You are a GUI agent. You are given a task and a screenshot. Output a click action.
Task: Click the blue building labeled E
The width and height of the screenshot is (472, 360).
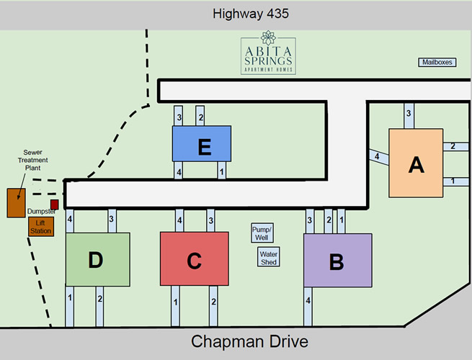coord(202,144)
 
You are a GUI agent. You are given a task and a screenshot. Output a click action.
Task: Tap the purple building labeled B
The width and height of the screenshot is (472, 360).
coord(337,261)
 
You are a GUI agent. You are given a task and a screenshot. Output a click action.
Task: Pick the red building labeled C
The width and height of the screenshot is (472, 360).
coord(194,259)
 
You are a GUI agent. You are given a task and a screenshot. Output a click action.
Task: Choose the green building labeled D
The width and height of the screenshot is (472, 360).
coord(97,258)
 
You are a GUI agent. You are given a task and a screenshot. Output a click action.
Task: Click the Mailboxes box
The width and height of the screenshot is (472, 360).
coord(437,63)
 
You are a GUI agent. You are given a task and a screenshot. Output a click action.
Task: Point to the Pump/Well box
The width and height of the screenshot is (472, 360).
coord(261,233)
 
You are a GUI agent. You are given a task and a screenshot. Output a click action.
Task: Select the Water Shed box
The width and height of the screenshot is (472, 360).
coord(269,257)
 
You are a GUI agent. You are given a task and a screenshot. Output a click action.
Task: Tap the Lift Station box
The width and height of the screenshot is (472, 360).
coord(41,227)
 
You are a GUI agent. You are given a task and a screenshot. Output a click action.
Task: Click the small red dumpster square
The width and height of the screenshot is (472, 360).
coord(54,204)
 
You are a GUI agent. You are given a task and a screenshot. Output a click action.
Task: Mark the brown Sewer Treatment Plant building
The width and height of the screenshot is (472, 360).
coord(16,203)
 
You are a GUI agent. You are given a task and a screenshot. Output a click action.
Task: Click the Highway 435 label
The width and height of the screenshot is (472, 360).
coord(251,14)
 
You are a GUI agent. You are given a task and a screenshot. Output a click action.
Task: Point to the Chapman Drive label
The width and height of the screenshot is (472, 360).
coord(249,341)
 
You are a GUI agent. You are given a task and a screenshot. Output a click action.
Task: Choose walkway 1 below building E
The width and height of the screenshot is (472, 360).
coord(222,171)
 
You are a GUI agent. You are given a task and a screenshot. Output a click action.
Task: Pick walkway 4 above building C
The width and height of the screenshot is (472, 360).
coord(179,220)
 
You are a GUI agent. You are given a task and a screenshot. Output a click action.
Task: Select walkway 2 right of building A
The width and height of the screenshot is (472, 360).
coord(453,147)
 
